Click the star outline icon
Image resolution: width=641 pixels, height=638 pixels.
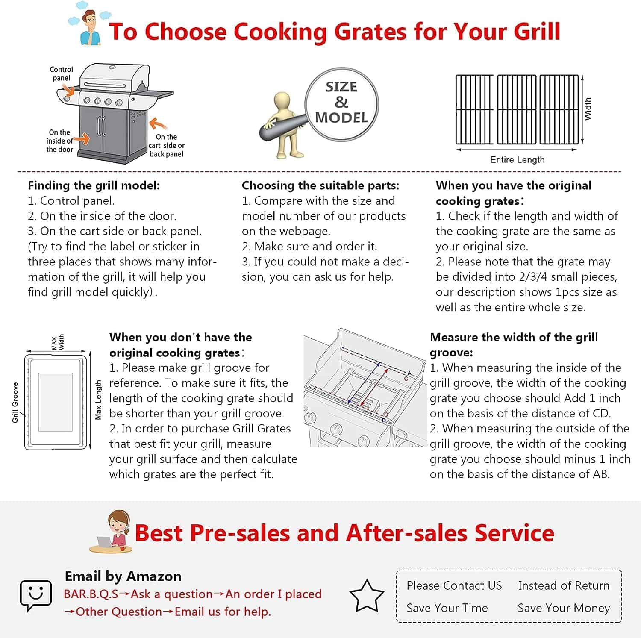367,595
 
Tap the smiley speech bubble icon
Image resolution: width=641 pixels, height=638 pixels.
36,595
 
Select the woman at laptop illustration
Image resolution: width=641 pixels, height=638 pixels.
112,532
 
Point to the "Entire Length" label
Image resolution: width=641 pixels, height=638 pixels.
517,159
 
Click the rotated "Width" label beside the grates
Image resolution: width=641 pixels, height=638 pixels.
588,109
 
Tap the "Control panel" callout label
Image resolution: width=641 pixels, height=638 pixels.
61,74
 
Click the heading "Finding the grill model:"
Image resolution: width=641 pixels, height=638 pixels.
94,185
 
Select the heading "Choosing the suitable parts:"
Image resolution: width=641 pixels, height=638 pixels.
320,185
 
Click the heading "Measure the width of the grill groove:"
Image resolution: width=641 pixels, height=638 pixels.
514,345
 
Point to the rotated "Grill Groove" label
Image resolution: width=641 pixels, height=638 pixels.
15,403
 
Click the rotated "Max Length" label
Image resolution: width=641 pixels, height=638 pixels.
98,400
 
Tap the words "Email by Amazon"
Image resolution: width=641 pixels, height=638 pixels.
123,576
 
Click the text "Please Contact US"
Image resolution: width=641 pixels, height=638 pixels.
454,585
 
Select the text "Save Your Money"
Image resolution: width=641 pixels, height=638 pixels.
564,608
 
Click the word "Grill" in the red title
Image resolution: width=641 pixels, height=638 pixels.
537,32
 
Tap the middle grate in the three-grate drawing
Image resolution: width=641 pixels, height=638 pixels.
517,109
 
